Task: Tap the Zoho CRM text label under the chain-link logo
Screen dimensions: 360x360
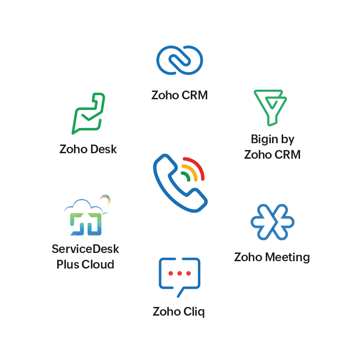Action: pos(180,95)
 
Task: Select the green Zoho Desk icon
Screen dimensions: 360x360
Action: pos(89,113)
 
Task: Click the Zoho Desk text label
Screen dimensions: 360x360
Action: pos(88,149)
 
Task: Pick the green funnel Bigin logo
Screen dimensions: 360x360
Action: pos(270,107)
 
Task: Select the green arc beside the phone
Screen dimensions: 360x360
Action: pos(186,176)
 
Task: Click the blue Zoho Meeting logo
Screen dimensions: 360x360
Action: pos(272,221)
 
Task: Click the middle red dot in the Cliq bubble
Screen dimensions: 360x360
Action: pos(179,273)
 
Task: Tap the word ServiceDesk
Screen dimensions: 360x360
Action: pos(86,249)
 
